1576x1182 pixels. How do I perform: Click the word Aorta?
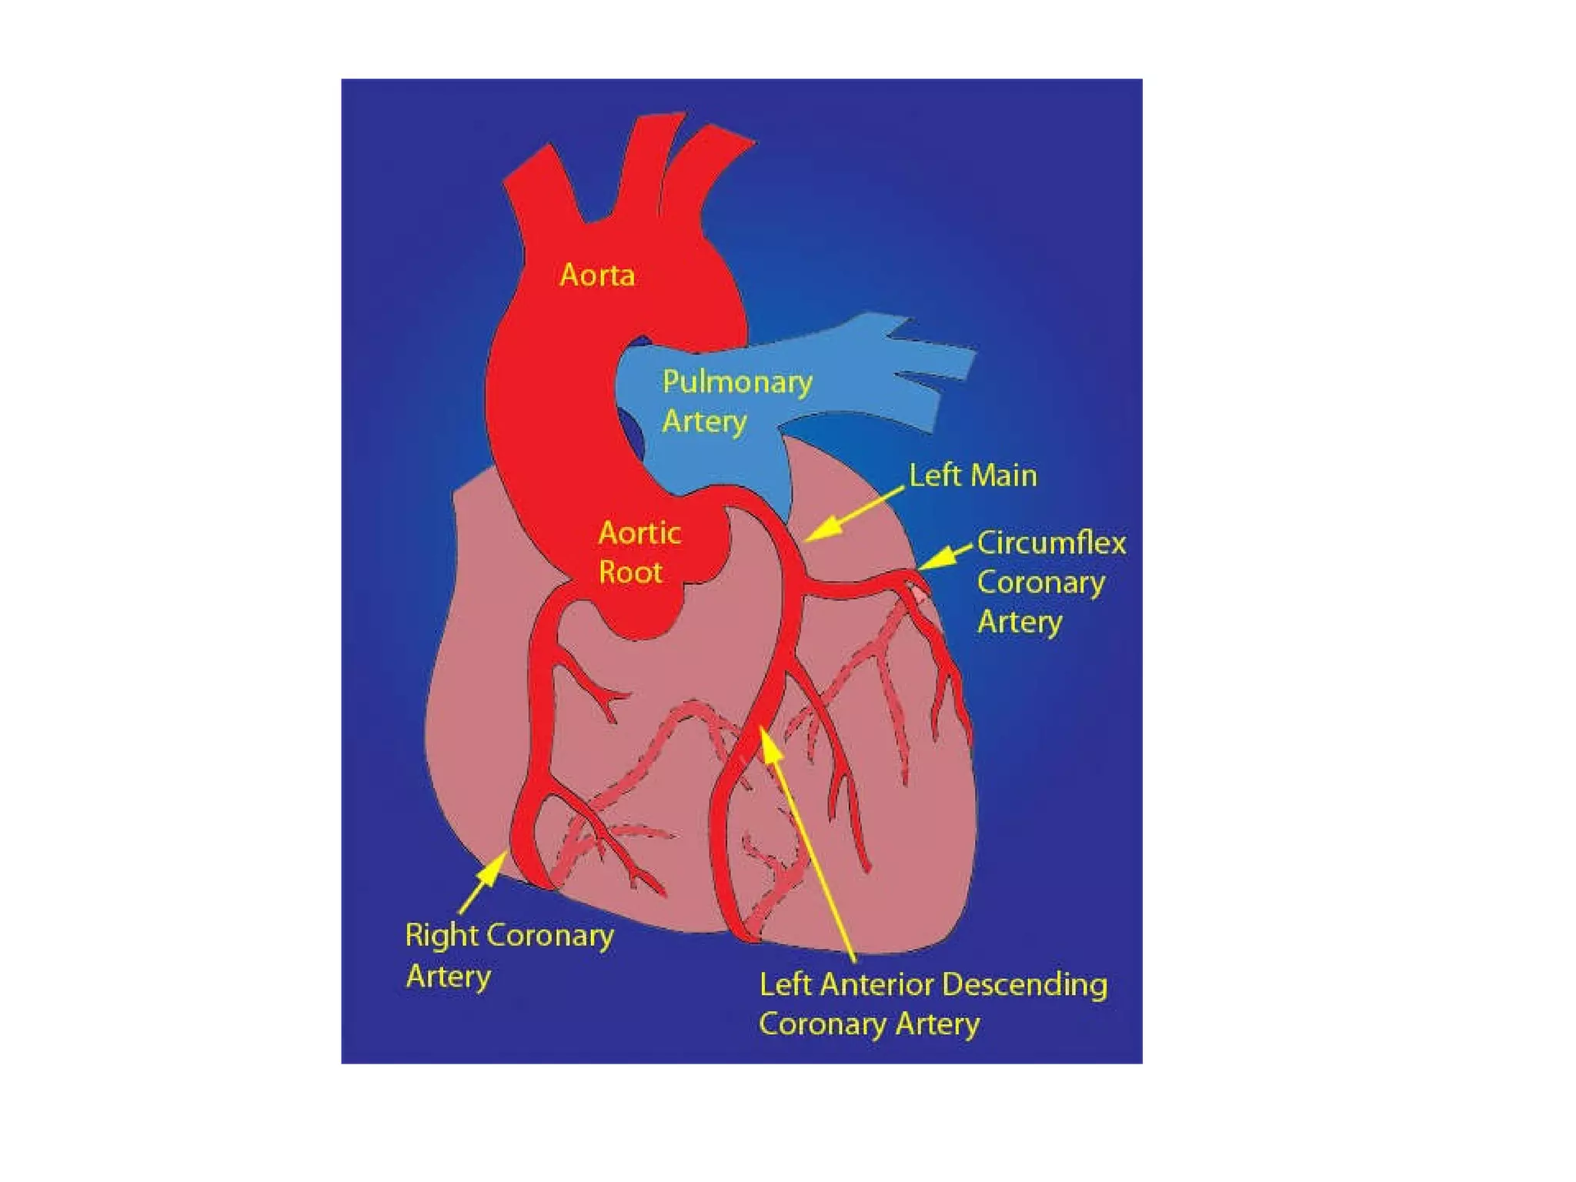597,275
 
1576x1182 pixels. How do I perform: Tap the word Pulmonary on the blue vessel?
737,382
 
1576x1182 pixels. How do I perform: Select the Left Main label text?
973,476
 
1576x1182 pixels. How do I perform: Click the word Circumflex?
1051,543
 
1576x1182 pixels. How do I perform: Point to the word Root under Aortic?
630,573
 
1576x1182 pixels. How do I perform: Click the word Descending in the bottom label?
1025,985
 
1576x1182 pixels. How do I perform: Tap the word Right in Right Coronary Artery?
442,937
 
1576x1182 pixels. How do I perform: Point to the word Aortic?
639,533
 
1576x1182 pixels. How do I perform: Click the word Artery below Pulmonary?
704,422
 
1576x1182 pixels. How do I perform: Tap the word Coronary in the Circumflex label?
1040,583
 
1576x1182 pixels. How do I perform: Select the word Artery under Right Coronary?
448,977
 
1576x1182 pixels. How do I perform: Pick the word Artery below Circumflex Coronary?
1020,622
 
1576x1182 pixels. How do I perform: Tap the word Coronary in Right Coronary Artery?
550,937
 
